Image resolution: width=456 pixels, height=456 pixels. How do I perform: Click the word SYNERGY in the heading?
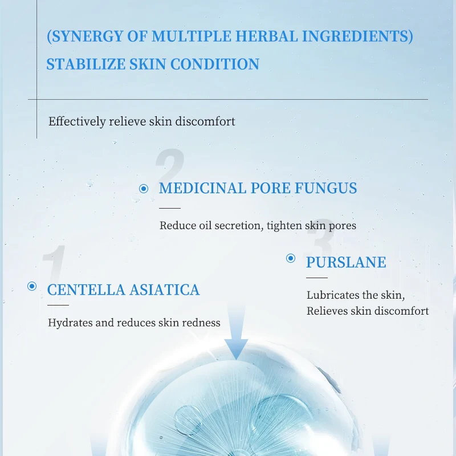pyautogui.click(x=89, y=37)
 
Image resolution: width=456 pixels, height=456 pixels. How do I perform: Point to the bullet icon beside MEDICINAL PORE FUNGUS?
pyautogui.click(x=144, y=189)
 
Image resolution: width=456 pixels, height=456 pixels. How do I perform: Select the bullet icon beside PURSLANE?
pyautogui.click(x=291, y=259)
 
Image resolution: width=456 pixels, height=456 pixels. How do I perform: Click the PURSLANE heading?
pyautogui.click(x=346, y=262)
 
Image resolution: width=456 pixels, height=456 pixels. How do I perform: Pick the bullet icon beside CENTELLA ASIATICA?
pyautogui.click(x=32, y=286)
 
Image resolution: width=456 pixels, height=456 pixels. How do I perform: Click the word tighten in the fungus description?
pyautogui.click(x=284, y=225)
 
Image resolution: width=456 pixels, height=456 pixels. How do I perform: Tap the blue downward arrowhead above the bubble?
pyautogui.click(x=236, y=347)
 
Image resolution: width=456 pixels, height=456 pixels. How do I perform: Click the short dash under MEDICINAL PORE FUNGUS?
pyautogui.click(x=170, y=209)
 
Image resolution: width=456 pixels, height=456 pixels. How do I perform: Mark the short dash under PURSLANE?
pyautogui.click(x=317, y=278)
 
